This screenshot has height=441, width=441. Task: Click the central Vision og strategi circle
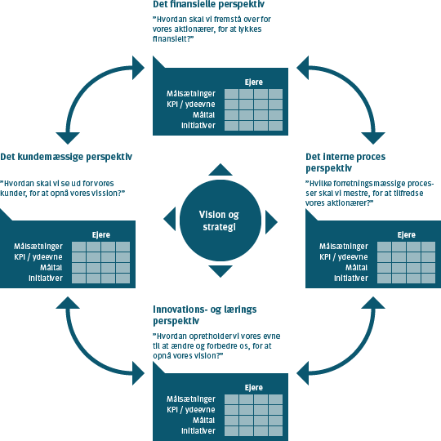[220, 220]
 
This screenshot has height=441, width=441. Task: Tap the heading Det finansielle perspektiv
[208, 5]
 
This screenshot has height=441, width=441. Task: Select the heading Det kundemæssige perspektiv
[66, 157]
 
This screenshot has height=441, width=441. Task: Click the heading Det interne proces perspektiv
[345, 163]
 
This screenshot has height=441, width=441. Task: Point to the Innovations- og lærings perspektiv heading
[204, 315]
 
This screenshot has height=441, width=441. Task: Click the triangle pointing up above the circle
[220, 170]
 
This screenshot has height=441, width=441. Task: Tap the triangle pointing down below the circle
[220, 271]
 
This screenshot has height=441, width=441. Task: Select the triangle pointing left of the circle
[170, 219]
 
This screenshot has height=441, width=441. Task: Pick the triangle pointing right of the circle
[271, 222]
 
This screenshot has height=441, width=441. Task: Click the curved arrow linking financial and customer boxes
[84, 84]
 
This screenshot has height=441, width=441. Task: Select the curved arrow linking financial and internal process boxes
[357, 84]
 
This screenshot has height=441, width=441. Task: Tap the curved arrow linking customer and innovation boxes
[84, 357]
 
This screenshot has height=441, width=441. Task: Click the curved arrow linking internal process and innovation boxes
[357, 357]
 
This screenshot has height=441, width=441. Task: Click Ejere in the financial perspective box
[254, 82]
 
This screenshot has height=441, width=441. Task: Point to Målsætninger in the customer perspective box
[38, 247]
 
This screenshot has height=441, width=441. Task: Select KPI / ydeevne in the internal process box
[343, 257]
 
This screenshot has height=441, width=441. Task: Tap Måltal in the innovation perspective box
[203, 421]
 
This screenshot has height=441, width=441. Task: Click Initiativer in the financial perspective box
[198, 126]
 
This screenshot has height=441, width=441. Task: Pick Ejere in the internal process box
[407, 235]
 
